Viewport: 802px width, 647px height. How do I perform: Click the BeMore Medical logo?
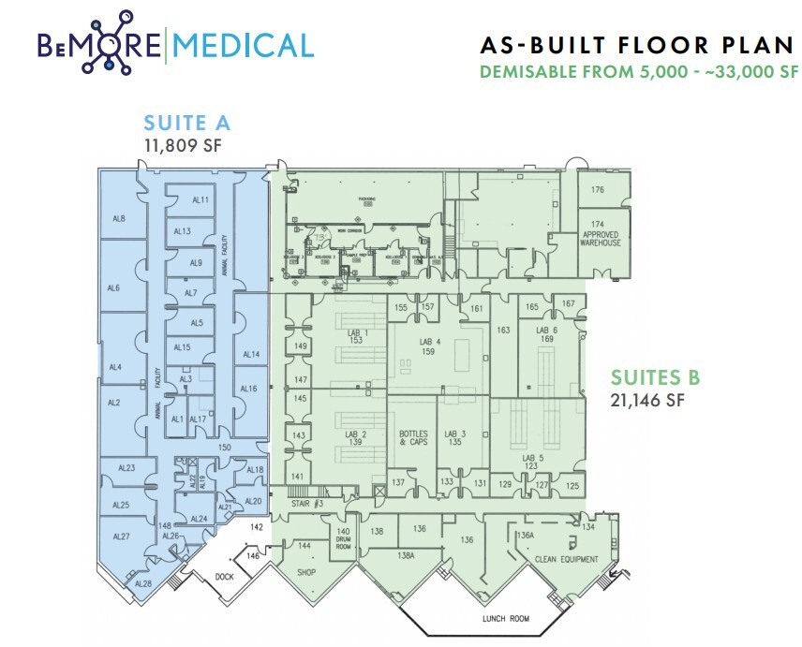coord(173,45)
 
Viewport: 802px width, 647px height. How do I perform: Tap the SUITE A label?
coord(186,123)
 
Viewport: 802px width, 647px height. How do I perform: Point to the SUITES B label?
coord(656,377)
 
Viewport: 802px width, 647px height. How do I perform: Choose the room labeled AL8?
coord(119,218)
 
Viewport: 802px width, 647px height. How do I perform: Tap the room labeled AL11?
coord(200,200)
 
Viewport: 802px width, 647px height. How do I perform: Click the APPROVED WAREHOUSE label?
coord(601,238)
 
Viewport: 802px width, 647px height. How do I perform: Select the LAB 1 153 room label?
coord(356,336)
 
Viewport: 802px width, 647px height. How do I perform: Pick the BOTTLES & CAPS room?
coord(412,437)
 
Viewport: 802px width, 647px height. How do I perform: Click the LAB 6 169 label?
coord(547,335)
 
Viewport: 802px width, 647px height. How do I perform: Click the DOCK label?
coord(224,577)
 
